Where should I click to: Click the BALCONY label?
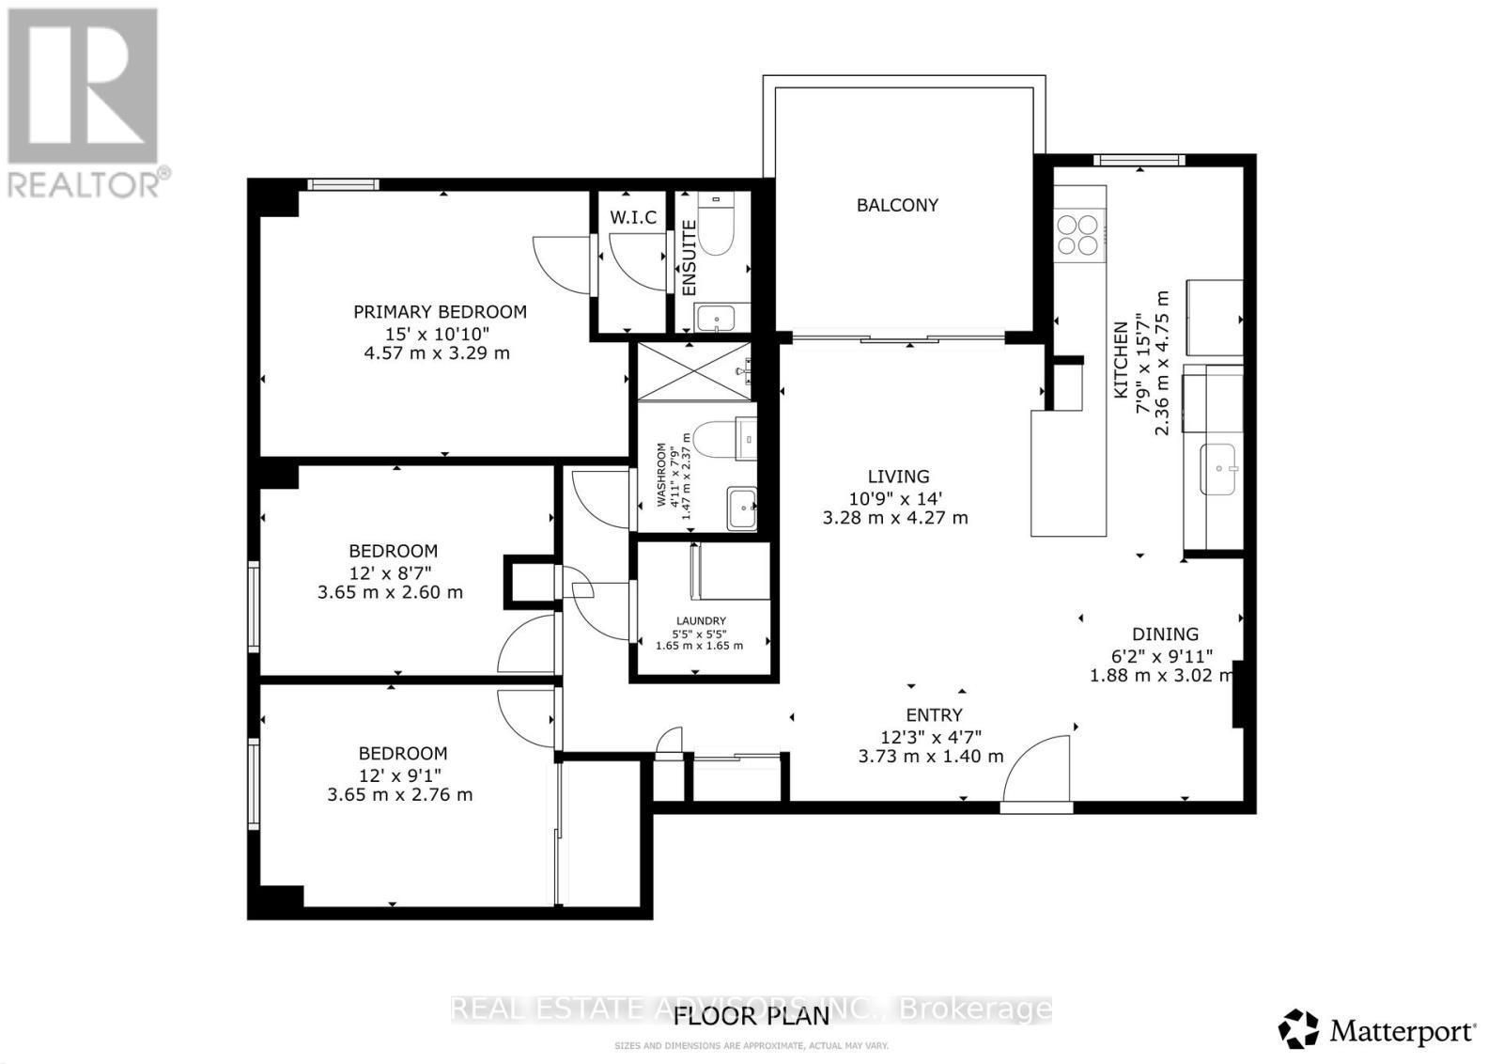click(x=897, y=205)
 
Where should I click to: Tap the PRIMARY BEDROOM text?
click(x=440, y=312)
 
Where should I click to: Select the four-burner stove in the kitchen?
click(x=1077, y=235)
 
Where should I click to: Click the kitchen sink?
click(x=1220, y=468)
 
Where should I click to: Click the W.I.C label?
click(x=633, y=218)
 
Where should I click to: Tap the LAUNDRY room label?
click(x=701, y=620)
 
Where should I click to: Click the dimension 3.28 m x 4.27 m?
click(x=895, y=518)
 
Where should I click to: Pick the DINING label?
click(x=1165, y=634)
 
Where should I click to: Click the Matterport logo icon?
click(x=1299, y=1029)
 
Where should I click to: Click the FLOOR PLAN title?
click(x=751, y=1016)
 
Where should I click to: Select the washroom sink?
click(x=741, y=509)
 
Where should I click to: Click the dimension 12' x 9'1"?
click(x=400, y=775)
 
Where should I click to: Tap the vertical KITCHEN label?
click(x=1121, y=360)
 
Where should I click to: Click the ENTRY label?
click(x=934, y=715)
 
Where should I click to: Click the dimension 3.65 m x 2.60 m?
click(x=390, y=592)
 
